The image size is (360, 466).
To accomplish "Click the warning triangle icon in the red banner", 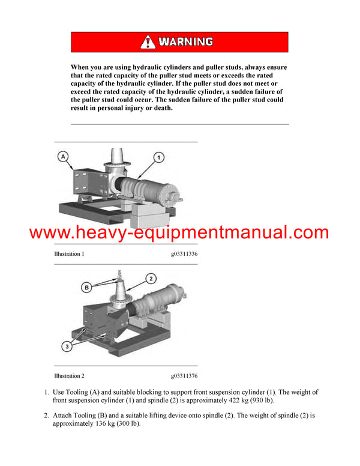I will (x=148, y=42).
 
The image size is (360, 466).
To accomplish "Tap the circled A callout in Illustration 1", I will (x=63, y=157).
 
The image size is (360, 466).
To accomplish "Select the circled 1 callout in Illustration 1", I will (x=159, y=157).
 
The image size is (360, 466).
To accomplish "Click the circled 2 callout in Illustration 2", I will (x=151, y=278).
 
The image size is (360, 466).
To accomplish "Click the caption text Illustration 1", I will (x=69, y=254).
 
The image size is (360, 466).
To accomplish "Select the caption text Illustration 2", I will (x=69, y=376).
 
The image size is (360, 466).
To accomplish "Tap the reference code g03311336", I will (x=184, y=254).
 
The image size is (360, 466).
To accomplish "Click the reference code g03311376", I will (x=184, y=376).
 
